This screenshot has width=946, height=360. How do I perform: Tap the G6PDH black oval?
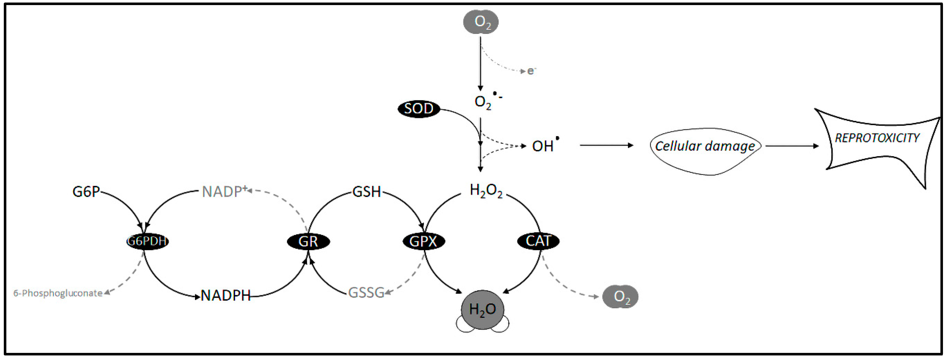coord(147,242)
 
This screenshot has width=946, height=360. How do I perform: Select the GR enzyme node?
coord(308,242)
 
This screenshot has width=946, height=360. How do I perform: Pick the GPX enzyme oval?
coord(423,242)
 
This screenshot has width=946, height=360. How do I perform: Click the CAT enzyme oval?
coord(538,241)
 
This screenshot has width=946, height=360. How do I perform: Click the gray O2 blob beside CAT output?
coord(620,296)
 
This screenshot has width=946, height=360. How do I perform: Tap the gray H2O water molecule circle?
coord(483,310)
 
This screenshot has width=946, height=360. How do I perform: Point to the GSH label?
coord(366,192)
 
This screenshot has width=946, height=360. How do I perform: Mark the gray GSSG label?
coord(366,293)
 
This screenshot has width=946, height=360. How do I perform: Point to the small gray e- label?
coord(531,71)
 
